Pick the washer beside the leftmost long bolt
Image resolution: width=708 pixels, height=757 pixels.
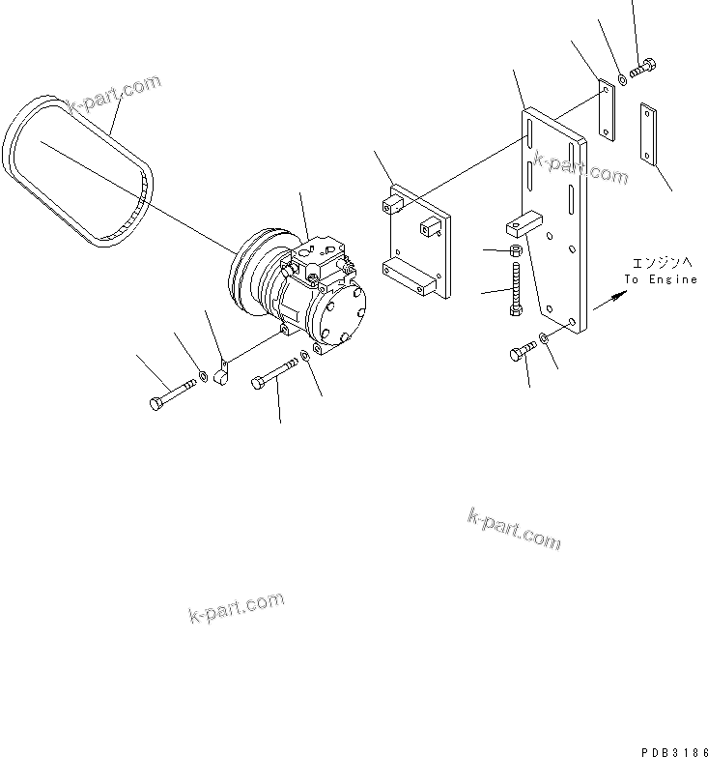tap(202, 375)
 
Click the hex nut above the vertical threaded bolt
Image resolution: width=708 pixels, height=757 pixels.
tap(516, 251)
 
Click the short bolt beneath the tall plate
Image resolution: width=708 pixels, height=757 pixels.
tap(522, 351)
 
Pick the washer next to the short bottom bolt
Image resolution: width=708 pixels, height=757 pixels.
tap(547, 338)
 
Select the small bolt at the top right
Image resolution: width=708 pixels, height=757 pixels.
tap(643, 69)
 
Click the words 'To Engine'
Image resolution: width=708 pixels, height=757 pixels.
tap(660, 279)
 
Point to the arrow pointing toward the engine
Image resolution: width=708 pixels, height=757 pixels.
tap(606, 302)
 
